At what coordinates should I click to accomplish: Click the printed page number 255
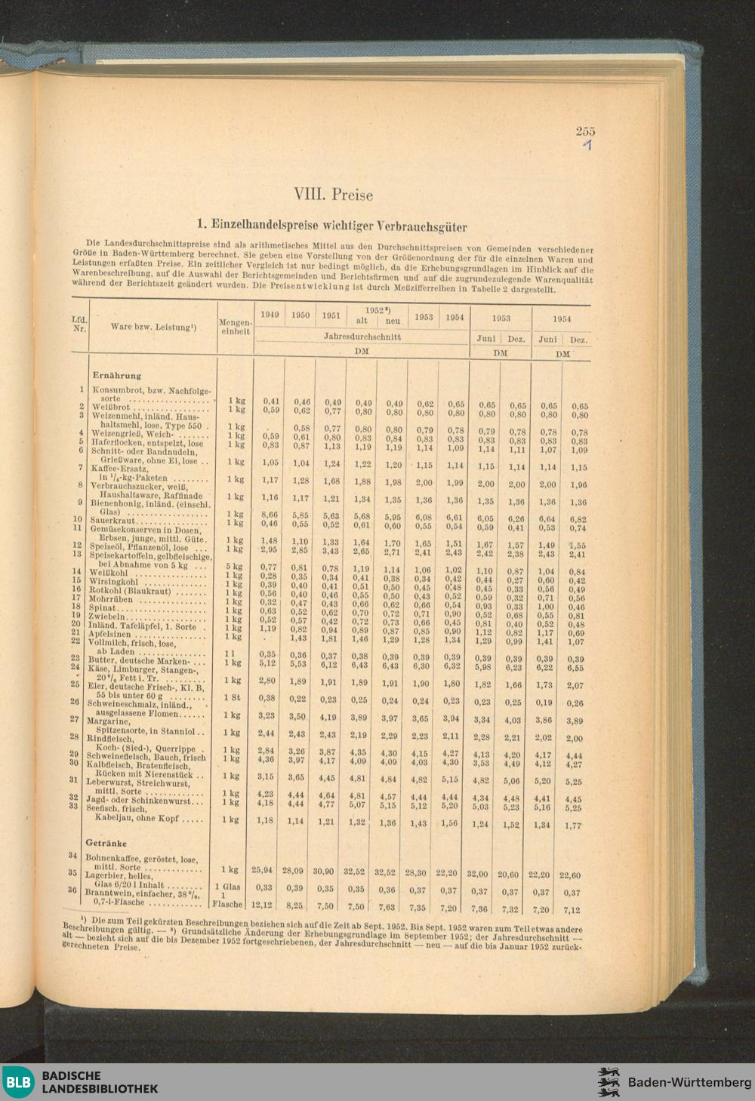tap(585, 131)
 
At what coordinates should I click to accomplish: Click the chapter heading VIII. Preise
tap(333, 195)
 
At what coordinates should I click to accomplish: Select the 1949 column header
tap(270, 315)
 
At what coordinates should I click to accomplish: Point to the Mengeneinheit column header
tap(236, 327)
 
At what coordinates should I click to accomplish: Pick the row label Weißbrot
tap(110, 407)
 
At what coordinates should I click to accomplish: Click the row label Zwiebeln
tap(110, 616)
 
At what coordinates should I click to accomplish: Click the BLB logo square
tap(18, 1081)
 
